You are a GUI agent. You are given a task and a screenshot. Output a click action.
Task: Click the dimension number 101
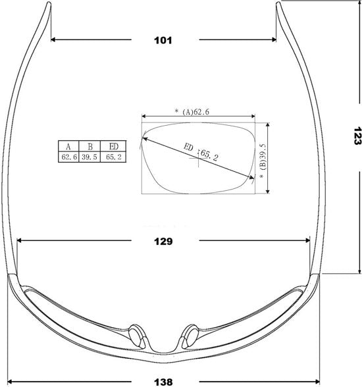pos(163,40)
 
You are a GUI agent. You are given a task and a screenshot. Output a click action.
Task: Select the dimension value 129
pos(163,241)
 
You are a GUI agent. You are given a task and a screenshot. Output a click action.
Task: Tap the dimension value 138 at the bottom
pos(163,382)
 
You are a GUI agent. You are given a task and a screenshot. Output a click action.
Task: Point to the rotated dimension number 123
pos(357,136)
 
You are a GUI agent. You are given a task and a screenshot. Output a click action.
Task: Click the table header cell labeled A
pos(68,146)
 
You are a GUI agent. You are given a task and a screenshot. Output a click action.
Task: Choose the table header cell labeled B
pos(90,146)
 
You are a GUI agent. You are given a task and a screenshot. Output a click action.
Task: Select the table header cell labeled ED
pos(113,146)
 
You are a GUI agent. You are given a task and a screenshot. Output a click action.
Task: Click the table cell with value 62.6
pos(68,157)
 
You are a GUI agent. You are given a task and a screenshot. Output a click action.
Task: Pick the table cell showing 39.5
pos(90,157)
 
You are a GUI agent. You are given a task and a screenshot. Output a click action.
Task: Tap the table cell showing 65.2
pos(113,157)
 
